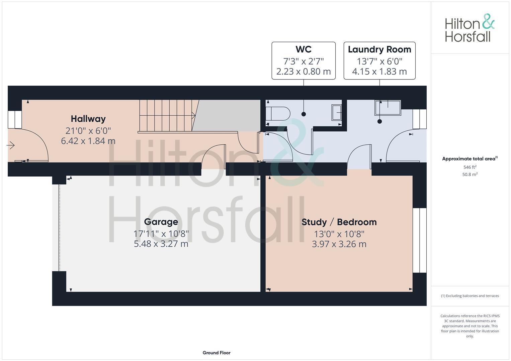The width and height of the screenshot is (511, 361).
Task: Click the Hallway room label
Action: pyautogui.click(x=88, y=119)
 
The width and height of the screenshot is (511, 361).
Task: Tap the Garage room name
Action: pyautogui.click(x=161, y=222)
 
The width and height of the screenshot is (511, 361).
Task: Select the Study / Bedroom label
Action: pyautogui.click(x=339, y=222)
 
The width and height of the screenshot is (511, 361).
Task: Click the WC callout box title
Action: pyautogui.click(x=304, y=49)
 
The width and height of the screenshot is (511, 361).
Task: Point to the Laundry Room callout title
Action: pyautogui.click(x=379, y=49)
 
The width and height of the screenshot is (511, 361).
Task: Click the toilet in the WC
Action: pyautogui.click(x=277, y=114)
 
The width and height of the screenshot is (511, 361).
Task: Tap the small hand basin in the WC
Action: pyautogui.click(x=337, y=113)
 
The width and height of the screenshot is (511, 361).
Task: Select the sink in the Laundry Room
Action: pyautogui.click(x=388, y=108)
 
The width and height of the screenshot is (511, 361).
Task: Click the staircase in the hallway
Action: pyautogui.click(x=167, y=115)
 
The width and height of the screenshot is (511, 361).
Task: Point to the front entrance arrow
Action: pyautogui.click(x=11, y=145)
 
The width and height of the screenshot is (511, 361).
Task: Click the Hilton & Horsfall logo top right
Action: pyautogui.click(x=470, y=28)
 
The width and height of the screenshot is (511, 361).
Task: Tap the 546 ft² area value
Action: pyautogui.click(x=470, y=167)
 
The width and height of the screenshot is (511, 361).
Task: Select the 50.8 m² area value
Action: pyautogui.click(x=470, y=174)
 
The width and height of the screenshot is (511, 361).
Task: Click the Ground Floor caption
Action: pyautogui.click(x=217, y=353)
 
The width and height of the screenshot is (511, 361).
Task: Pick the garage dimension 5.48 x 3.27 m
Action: pyautogui.click(x=161, y=244)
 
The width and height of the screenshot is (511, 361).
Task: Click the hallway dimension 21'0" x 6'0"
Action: pyautogui.click(x=88, y=131)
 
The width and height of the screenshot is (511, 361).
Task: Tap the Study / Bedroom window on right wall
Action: pyautogui.click(x=419, y=240)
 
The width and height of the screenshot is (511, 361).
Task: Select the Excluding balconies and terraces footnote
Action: pyautogui.click(x=470, y=296)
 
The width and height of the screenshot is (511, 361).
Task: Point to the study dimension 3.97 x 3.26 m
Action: pyautogui.click(x=339, y=244)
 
